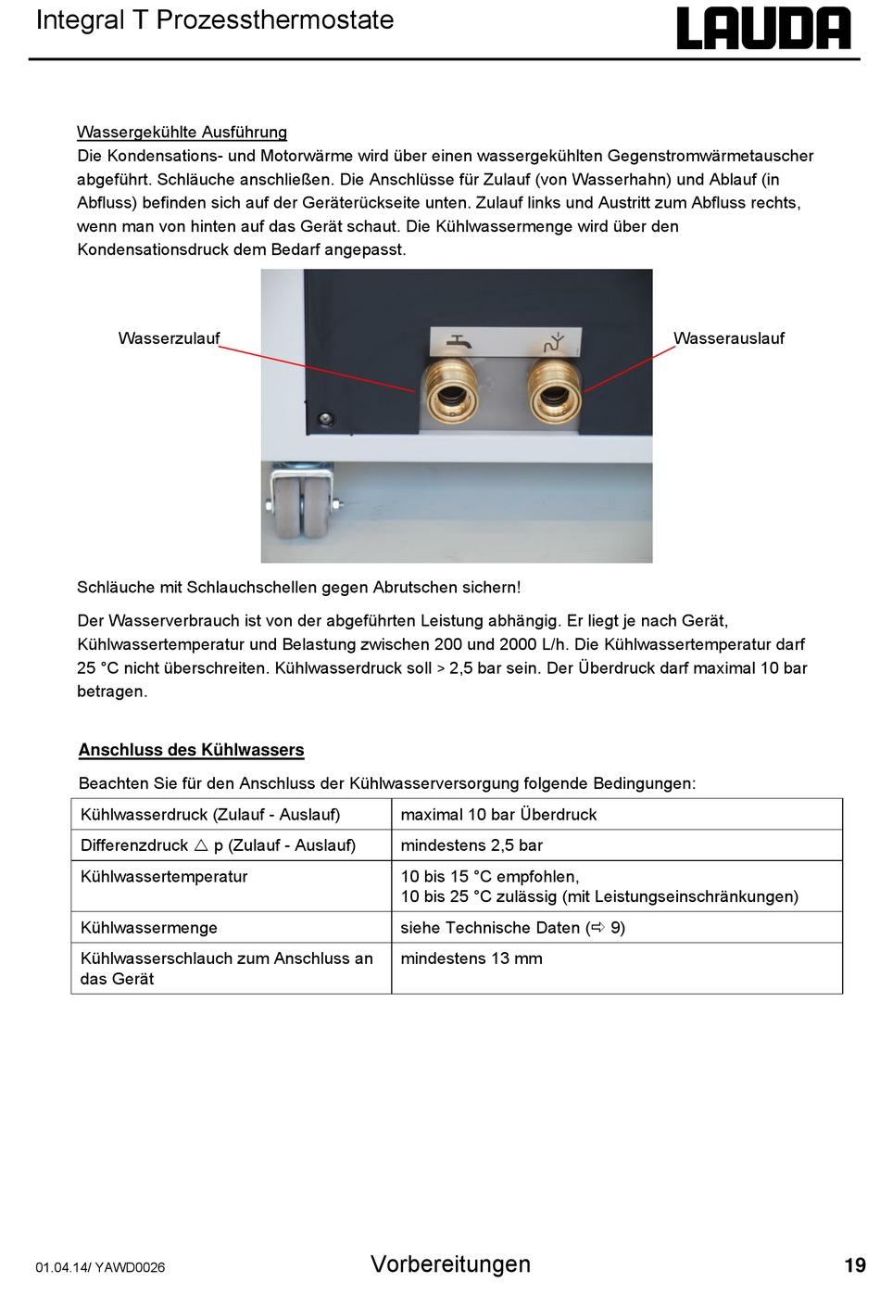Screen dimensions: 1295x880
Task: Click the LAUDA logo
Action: [x=763, y=29]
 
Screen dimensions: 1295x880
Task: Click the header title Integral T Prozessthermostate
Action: [x=215, y=20]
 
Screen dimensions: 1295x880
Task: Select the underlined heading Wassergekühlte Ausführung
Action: [x=182, y=133]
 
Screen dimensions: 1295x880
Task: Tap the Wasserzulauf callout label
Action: [x=169, y=338]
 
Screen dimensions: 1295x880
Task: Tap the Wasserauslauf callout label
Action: [x=728, y=338]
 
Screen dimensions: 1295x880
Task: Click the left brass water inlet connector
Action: [x=451, y=389]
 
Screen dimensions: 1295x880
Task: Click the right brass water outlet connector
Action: [x=553, y=389]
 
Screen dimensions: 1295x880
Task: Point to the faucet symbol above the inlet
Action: [x=458, y=341]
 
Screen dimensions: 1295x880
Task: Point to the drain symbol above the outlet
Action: [x=553, y=341]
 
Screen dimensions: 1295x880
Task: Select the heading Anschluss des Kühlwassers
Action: [x=192, y=750]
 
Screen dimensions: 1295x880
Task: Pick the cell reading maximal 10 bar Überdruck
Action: [x=498, y=815]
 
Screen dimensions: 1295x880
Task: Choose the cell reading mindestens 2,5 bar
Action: [x=471, y=845]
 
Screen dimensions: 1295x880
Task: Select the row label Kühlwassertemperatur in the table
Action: [x=164, y=877]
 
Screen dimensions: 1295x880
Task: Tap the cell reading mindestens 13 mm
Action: [x=471, y=959]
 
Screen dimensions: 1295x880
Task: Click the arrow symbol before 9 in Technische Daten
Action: [x=597, y=928]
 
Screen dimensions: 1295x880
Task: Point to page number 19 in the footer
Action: [x=854, y=1265]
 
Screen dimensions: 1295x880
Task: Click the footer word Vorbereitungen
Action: [x=450, y=1264]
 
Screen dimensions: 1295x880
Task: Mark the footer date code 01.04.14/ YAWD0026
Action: [x=100, y=1267]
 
